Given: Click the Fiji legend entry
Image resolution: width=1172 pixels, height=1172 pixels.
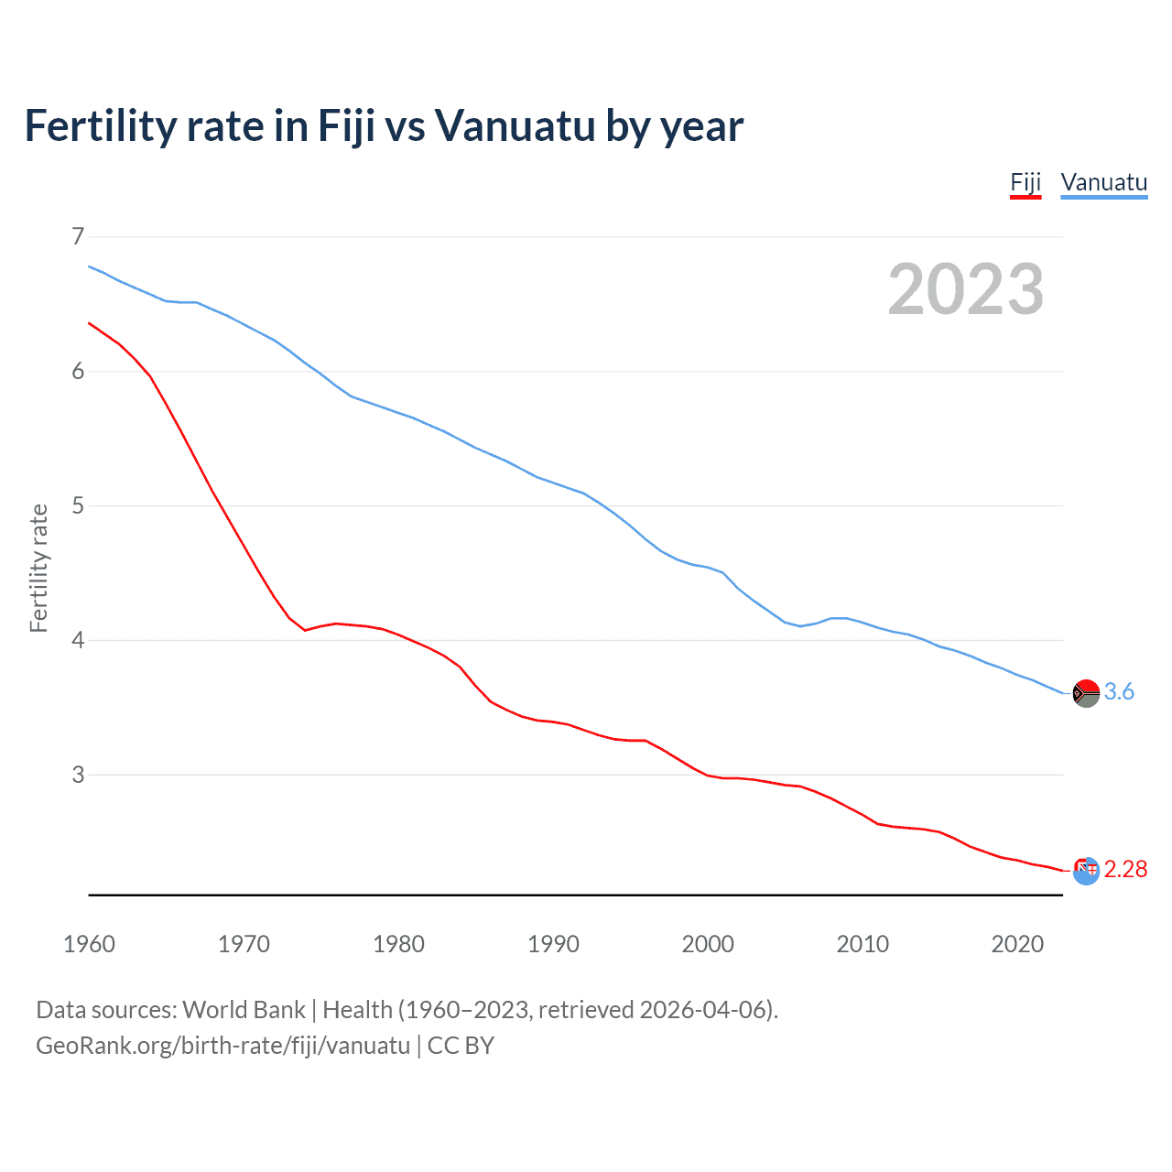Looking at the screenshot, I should pos(1025,182).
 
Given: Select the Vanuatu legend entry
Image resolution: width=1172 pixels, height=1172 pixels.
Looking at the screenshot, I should pos(1103,182).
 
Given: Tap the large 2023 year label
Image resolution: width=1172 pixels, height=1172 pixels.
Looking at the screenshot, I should pos(965,289).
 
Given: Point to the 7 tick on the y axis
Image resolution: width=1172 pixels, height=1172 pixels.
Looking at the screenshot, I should pos(78,236).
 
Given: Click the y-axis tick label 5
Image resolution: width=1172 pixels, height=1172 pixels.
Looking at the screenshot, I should pos(78,505).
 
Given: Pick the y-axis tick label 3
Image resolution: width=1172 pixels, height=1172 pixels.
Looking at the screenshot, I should pos(78,775).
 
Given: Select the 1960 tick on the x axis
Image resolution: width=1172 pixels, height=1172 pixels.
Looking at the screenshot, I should pos(89,944).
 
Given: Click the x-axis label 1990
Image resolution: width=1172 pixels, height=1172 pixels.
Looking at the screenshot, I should pos(553,944).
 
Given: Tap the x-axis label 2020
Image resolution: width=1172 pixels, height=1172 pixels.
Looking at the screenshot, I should pos(1017,944).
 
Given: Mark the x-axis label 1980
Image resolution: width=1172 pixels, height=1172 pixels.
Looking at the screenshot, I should pos(398,944).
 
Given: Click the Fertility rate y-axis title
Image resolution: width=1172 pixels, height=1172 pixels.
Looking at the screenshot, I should pos(38,568).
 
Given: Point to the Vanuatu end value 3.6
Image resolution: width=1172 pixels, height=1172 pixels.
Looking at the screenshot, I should pos(1119,692).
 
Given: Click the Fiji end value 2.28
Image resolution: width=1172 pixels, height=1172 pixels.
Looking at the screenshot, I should pos(1125,869).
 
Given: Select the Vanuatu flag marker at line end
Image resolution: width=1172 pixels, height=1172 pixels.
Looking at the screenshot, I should pos(1086,693).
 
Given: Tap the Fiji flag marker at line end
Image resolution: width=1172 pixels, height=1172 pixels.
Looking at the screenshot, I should pos(1086,871).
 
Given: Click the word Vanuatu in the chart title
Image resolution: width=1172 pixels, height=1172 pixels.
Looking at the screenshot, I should pos(515,125).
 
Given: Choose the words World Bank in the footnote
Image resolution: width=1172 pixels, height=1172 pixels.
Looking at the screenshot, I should pos(244,1010).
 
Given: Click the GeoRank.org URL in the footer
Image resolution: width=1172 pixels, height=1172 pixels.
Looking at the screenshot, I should pos(222,1046).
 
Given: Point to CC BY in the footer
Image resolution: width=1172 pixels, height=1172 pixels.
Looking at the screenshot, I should pos(461,1046).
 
